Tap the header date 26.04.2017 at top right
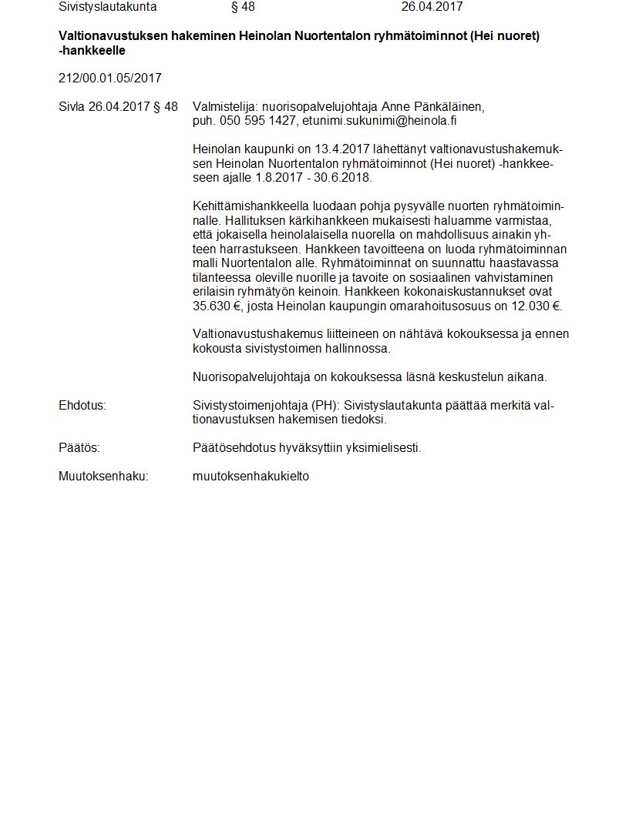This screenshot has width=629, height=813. pos(432,7)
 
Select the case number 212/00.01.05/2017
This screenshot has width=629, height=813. pos(110,78)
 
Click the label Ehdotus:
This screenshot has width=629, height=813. pos(82,406)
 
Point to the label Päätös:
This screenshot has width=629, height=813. pos(79,448)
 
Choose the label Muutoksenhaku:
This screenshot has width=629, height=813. pos(103,476)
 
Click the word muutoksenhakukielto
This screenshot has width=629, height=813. pos(251,476)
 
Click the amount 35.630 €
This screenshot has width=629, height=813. pos(218,306)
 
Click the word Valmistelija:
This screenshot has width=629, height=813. pos(226,107)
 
